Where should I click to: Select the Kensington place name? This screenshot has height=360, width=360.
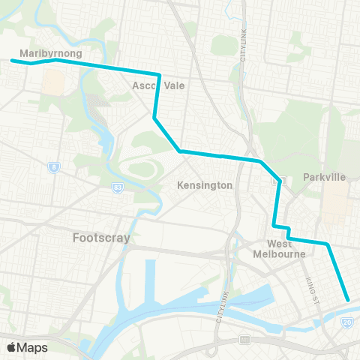coord(205,184)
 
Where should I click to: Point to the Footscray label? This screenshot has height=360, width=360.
coord(102,238)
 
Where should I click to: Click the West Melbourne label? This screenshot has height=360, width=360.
coord(286,249)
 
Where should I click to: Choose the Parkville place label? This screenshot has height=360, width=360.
coord(324,177)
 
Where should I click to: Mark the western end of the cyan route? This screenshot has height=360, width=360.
coord(12,60)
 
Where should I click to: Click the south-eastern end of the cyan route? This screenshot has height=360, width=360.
coord(348,300)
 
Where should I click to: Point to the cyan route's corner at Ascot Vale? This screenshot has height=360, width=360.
coord(159,74)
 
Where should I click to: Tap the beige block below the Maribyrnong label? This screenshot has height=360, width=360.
coord(53,82)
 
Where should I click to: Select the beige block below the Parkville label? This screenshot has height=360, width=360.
coord(335,202)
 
